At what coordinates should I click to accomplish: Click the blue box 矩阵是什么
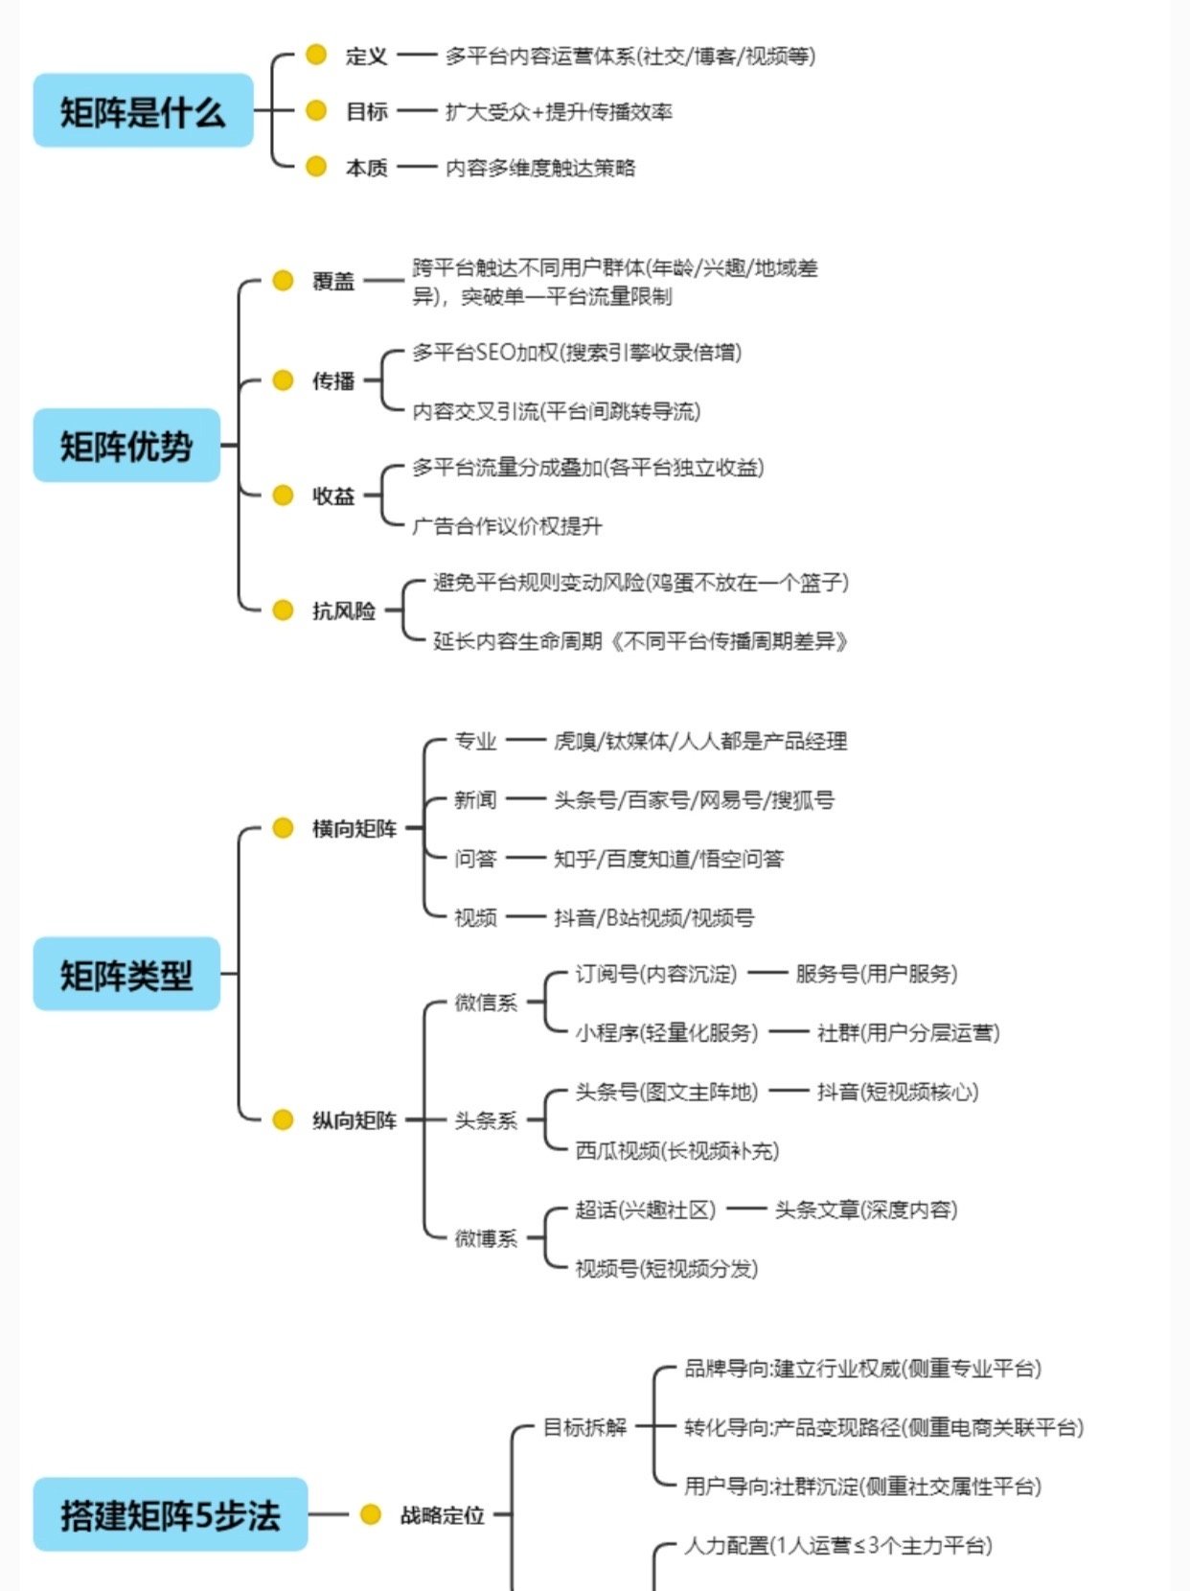tap(143, 111)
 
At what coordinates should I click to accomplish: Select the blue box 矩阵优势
tap(126, 446)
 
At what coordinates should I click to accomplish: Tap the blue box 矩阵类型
tap(126, 975)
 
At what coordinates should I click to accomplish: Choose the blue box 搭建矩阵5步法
tap(171, 1515)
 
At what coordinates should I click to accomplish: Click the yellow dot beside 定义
tap(316, 55)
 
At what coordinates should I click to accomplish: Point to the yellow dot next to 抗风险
tap(283, 611)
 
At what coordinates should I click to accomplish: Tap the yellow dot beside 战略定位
tap(371, 1514)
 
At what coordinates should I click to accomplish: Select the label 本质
tap(366, 168)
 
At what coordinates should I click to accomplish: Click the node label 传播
tap(333, 381)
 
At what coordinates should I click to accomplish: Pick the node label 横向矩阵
tap(355, 829)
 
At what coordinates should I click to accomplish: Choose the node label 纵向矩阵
tap(355, 1120)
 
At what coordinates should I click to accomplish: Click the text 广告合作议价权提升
tap(507, 526)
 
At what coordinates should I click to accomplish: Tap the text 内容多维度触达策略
tap(540, 168)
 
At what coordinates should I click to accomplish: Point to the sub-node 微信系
tap(486, 1003)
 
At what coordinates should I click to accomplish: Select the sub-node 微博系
tap(486, 1238)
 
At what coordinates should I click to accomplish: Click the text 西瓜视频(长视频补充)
tap(676, 1151)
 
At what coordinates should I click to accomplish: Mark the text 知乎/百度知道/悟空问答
tap(669, 859)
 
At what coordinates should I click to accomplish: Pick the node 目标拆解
tap(584, 1427)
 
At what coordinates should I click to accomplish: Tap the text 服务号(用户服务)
tap(876, 974)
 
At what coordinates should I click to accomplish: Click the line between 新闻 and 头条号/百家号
tap(525, 799)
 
